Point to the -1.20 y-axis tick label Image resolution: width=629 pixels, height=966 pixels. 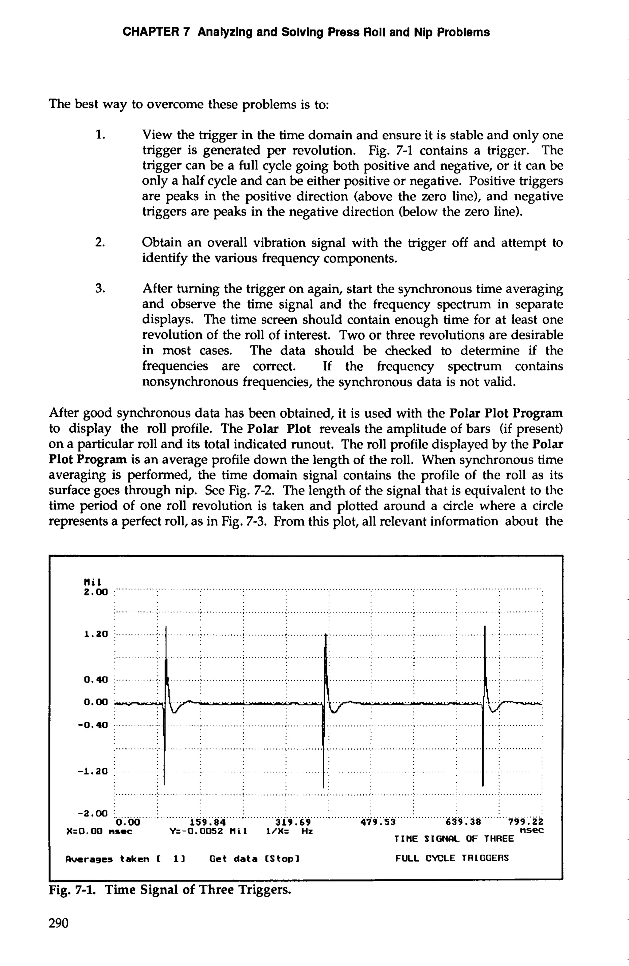point(93,771)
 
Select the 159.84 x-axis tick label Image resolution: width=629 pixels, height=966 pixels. point(208,822)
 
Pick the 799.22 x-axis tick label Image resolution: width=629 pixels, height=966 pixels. point(526,822)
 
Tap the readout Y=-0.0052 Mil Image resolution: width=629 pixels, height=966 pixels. point(208,831)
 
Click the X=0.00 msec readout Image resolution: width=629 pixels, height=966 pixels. point(99,831)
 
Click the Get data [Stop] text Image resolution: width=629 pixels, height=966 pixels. point(254,859)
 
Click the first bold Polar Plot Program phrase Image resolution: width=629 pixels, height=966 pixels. point(506,413)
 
